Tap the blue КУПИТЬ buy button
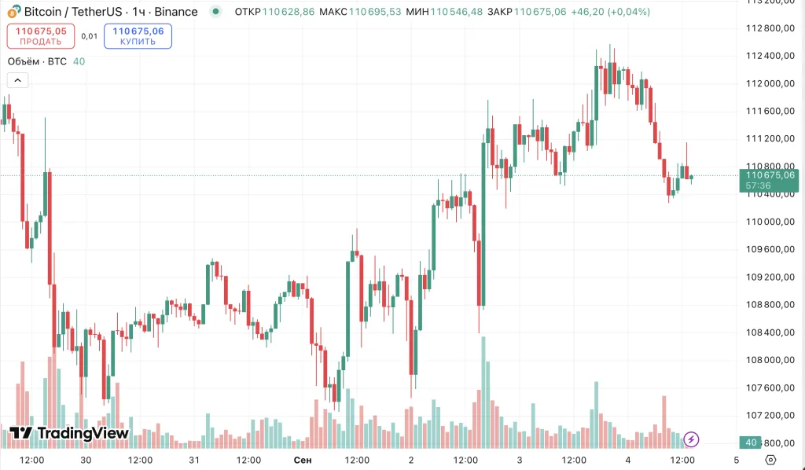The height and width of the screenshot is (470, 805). point(138,35)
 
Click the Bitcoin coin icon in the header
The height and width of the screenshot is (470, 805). point(13,13)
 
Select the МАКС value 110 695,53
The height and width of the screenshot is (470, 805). point(375,13)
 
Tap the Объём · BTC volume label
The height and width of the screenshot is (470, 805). point(37,61)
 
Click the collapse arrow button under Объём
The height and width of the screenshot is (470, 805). point(17,79)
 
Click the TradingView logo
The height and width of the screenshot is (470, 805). point(69,433)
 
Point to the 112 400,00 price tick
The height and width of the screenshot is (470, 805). point(769,56)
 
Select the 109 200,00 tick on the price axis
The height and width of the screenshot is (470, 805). point(769,277)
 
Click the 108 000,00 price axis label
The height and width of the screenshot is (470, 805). point(769,360)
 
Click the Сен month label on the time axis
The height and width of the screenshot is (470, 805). point(302,459)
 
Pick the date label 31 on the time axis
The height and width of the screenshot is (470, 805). point(194,459)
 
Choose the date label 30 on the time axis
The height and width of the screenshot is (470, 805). point(86,459)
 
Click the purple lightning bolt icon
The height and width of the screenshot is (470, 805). point(692,439)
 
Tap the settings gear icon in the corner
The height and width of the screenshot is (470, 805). point(770,459)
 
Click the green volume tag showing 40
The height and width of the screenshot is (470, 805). point(751,442)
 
